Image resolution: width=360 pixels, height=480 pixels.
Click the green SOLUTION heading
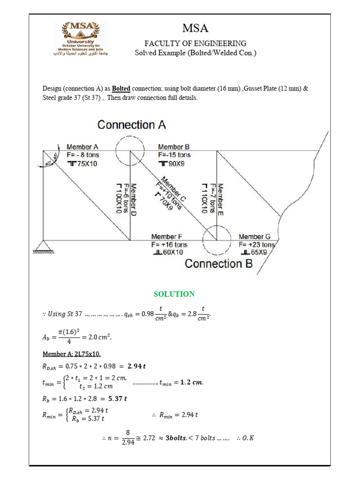pyautogui.click(x=174, y=294)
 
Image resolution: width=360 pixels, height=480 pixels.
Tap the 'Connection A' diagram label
pyautogui.click(x=131, y=125)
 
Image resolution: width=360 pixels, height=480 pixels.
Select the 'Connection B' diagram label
pyautogui.click(x=219, y=263)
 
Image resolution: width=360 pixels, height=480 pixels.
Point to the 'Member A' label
pyautogui.click(x=83, y=147)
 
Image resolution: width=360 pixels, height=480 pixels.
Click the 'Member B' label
pyautogui.click(x=174, y=147)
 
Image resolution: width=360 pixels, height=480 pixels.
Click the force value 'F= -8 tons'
pyautogui.click(x=83, y=155)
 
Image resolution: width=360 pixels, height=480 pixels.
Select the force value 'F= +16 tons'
pyautogui.click(x=169, y=245)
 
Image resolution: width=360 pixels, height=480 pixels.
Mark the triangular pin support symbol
pyautogui.click(x=43, y=246)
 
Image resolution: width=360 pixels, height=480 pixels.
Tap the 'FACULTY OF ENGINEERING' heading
pyautogui.click(x=195, y=43)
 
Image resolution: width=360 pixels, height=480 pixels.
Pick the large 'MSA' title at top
pyautogui.click(x=195, y=28)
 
